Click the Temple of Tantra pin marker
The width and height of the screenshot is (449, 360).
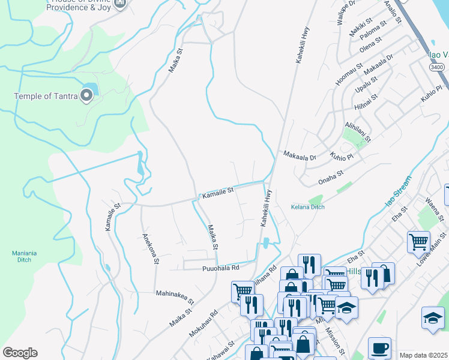[x=88, y=95]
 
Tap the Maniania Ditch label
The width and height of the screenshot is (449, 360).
[x=24, y=257]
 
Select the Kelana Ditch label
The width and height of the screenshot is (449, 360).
[x=307, y=207]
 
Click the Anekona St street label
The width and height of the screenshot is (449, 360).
[x=150, y=248]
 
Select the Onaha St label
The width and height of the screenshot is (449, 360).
[x=330, y=173]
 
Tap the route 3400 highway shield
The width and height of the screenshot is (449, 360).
[x=436, y=68]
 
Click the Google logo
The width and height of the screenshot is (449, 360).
[x=20, y=353]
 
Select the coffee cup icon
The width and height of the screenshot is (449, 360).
[x=379, y=347]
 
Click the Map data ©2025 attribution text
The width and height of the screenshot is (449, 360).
[x=423, y=355]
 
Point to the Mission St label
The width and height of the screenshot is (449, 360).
[x=337, y=340]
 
